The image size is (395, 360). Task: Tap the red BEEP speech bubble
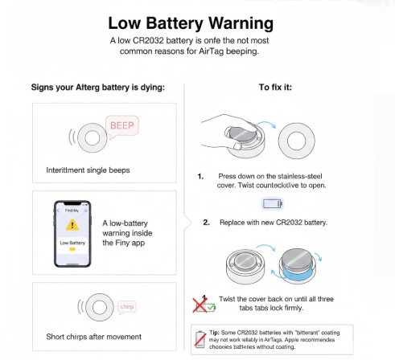coord(121,125)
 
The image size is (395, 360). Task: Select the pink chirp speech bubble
coord(126,306)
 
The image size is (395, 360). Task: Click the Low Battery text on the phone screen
coord(72,242)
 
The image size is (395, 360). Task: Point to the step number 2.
coord(207,221)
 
